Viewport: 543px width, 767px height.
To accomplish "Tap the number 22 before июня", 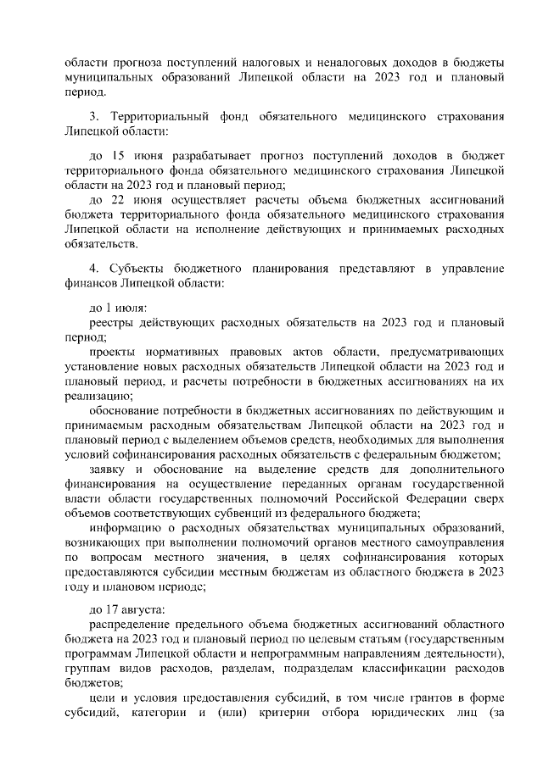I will pyautogui.click(x=118, y=200).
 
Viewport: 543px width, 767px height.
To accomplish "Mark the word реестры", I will pyautogui.click(x=114, y=322).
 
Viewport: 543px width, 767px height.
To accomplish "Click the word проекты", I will pyautogui.click(x=116, y=351).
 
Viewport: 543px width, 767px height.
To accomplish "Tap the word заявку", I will pyautogui.click(x=111, y=468).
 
